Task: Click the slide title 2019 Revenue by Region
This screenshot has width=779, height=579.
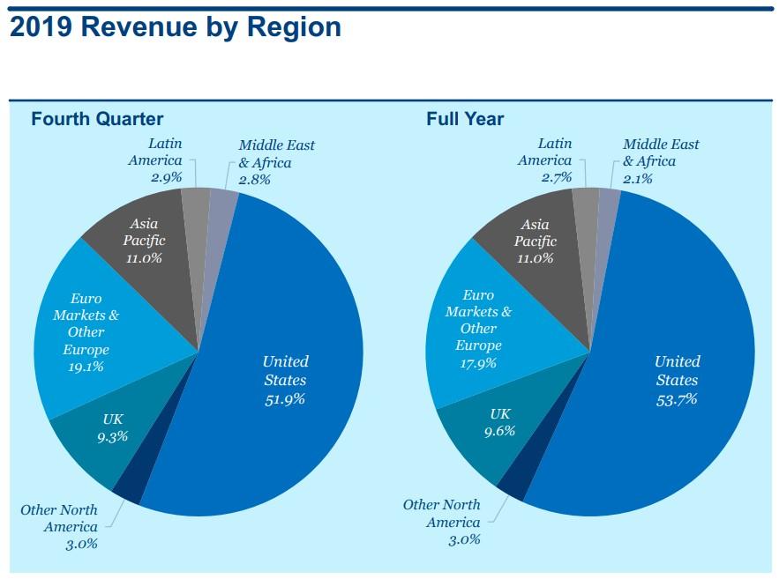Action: [175, 26]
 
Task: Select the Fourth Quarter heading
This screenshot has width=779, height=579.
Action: [97, 118]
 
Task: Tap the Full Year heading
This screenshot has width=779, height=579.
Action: [465, 118]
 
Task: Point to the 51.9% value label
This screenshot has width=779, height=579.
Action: [284, 399]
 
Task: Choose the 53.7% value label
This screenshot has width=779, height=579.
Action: [677, 399]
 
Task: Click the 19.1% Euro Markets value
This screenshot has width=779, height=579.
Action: [86, 367]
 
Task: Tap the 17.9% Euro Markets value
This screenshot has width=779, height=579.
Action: [478, 362]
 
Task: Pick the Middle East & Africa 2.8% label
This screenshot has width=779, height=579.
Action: [275, 162]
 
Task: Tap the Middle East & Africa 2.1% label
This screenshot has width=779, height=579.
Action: [661, 162]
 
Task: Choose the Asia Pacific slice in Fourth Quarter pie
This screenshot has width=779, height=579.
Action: [146, 247]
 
